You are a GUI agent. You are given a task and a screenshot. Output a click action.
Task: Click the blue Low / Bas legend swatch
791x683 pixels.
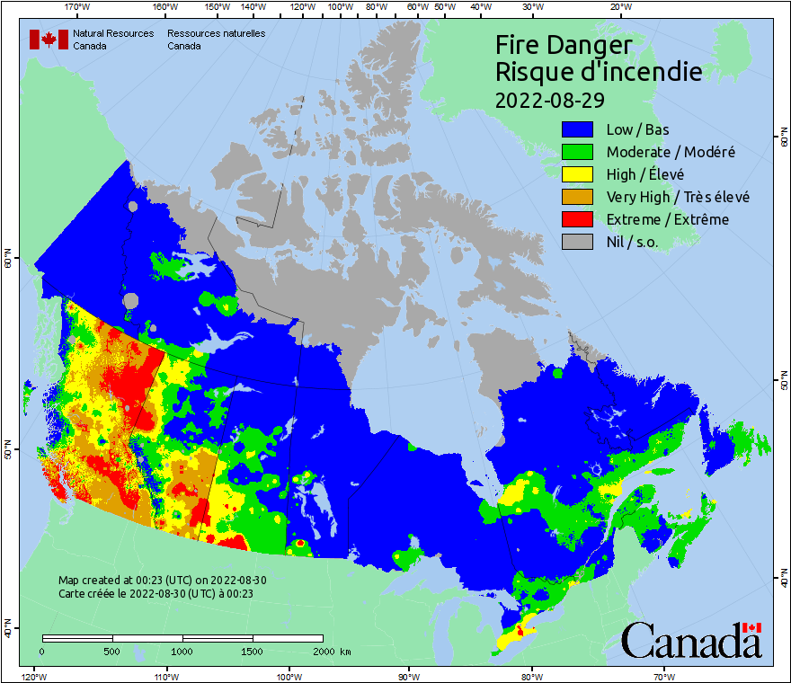579,129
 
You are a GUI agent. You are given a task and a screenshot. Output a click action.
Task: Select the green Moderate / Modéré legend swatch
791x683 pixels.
579,152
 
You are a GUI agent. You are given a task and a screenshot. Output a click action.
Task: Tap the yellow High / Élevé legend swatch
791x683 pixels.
579,174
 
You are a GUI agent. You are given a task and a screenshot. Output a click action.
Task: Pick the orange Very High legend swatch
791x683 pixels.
579,197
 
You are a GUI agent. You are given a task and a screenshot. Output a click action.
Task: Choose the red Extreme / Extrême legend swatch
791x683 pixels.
579,219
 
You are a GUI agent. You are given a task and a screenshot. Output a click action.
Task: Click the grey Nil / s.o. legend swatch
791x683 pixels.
579,242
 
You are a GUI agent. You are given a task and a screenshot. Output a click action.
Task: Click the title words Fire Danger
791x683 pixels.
564,45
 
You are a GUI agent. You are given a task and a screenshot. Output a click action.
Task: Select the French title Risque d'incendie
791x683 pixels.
598,72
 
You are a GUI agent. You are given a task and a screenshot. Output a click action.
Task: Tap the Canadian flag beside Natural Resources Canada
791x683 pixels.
49,40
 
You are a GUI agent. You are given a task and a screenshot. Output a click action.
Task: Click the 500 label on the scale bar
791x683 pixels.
112,652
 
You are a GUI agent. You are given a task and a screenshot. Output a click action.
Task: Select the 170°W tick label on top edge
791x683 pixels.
77,7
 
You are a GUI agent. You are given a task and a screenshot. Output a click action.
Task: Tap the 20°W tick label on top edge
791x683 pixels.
619,7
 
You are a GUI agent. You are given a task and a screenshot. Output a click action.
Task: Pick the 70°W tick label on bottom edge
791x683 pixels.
664,676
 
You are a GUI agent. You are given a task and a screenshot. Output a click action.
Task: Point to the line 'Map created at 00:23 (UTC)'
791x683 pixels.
162,581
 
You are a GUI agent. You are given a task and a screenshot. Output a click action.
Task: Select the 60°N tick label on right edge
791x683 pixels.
781,139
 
